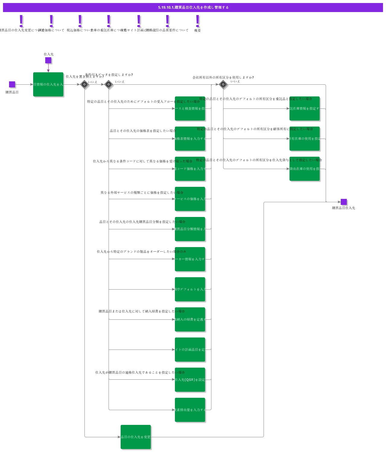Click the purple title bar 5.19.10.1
tap(193, 8)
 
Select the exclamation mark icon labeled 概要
tap(198, 21)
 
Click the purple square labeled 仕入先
tap(48, 60)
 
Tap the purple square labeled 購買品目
tap(12, 84)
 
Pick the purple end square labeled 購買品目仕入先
tap(343, 202)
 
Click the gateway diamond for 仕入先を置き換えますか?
tap(84, 84)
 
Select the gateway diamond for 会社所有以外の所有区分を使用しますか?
tap(223, 84)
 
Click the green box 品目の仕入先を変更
tap(136, 437)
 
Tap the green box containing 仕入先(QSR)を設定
tap(190, 380)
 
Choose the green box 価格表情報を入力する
tap(190, 139)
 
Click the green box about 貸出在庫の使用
tap(305, 169)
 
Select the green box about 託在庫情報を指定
tap(305, 108)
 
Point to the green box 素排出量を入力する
tap(190, 410)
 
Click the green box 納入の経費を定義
tap(190, 319)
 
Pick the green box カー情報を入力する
tap(190, 259)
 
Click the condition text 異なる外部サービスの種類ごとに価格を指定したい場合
tap(142, 193)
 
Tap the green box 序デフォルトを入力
tap(190, 289)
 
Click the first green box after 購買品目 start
tap(48, 84)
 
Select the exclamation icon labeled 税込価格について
tap(80, 21)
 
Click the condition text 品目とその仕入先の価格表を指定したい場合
tap(143, 131)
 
